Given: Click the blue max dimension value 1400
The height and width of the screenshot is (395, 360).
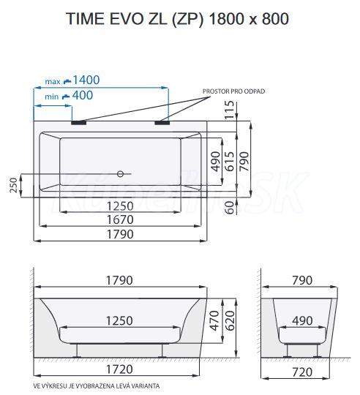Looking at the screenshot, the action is coord(86,80).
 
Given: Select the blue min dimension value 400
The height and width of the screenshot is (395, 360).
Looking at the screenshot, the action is coord(83,95).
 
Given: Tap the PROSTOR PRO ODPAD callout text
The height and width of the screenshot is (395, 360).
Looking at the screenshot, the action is coord(233,91).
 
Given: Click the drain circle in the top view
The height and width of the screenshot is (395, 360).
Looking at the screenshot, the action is coord(121,173).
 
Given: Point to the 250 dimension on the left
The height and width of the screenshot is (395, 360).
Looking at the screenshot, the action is coord(14,185).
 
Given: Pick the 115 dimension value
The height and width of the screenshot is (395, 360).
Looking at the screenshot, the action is coord(230,110).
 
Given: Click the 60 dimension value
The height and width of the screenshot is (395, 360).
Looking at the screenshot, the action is coord(230,208).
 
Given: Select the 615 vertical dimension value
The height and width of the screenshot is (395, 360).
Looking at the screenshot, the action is coord(230,161).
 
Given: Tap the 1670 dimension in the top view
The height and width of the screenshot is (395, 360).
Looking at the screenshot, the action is coord(120,219).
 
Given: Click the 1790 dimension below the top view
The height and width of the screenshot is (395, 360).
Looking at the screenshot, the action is coord(120,234).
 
